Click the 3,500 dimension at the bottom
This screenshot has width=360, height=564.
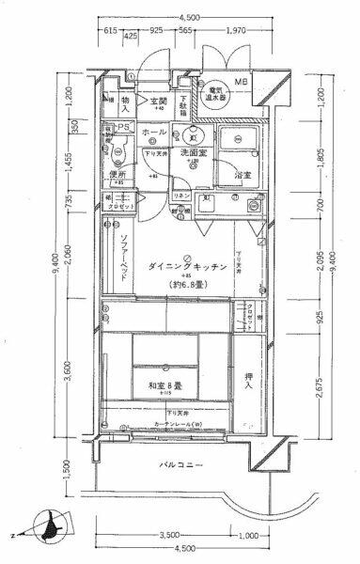[169, 536]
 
